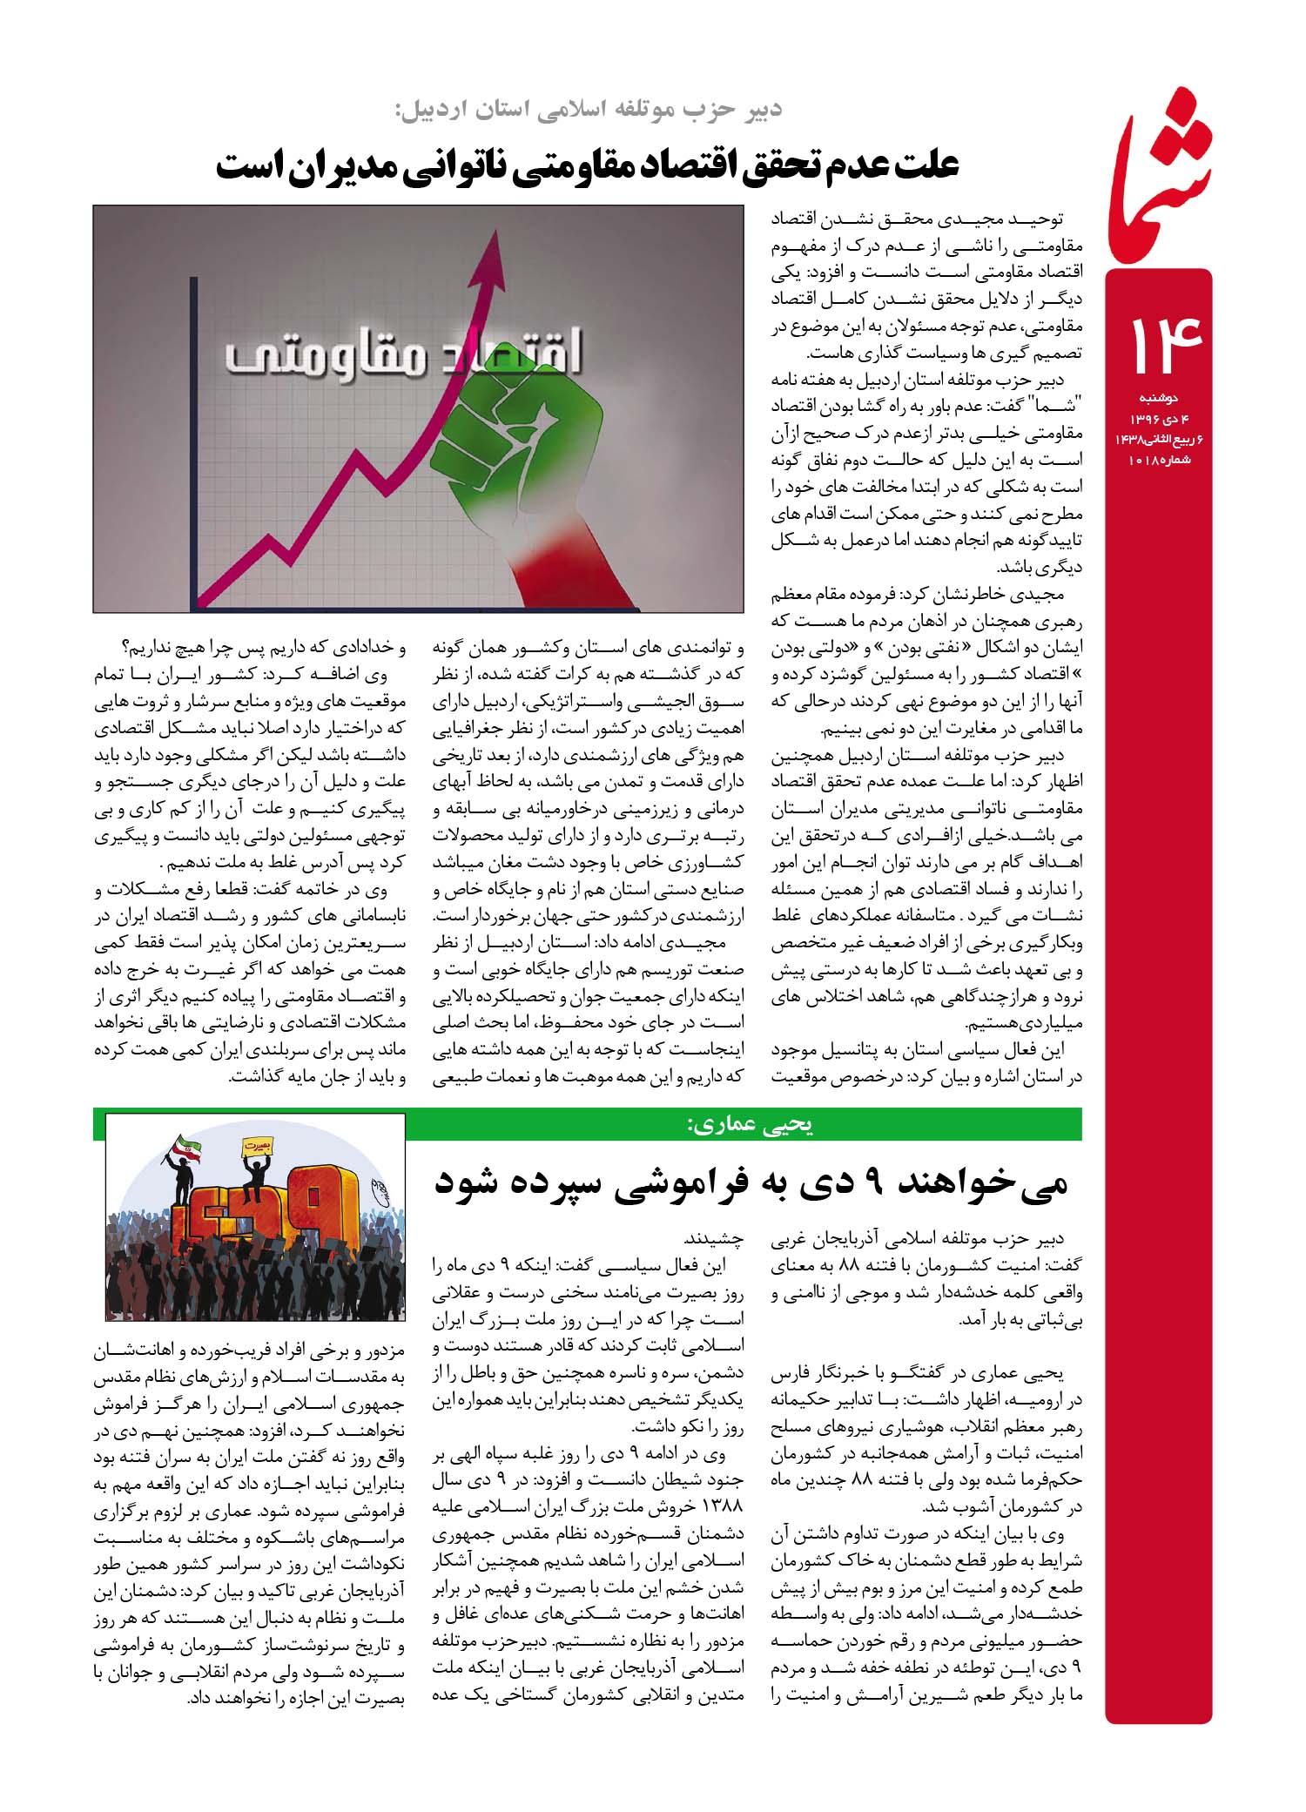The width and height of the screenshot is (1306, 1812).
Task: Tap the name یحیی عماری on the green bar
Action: (x=750, y=1125)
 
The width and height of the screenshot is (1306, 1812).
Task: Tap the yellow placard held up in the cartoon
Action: (x=253, y=1142)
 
